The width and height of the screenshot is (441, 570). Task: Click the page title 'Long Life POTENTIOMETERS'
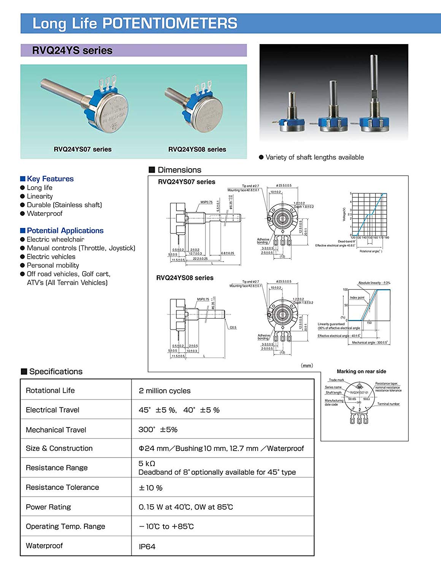point(135,23)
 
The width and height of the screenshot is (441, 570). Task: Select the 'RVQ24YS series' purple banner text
point(72,51)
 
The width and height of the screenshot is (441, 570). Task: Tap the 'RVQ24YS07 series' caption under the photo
point(82,149)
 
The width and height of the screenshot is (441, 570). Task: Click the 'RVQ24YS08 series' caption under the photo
point(197,149)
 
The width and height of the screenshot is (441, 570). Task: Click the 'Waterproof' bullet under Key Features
point(44,214)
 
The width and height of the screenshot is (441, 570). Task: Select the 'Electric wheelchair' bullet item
point(56,239)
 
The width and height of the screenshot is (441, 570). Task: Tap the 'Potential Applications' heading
point(65,231)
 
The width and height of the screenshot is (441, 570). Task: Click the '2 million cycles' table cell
point(165,391)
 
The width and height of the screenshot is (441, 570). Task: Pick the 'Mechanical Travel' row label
point(56,430)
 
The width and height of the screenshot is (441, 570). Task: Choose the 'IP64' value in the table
point(147,546)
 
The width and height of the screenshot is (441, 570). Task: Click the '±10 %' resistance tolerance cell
point(151,488)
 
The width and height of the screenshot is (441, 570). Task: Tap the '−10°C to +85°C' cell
point(167,526)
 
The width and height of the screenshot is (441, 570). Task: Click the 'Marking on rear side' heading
point(361,371)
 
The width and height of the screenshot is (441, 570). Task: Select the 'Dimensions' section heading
point(179,170)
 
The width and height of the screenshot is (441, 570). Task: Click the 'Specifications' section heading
point(56,372)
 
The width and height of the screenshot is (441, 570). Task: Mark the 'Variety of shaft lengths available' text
point(314,157)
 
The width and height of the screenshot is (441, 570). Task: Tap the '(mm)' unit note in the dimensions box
point(307,366)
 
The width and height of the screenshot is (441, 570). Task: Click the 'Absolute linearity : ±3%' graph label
point(374,283)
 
